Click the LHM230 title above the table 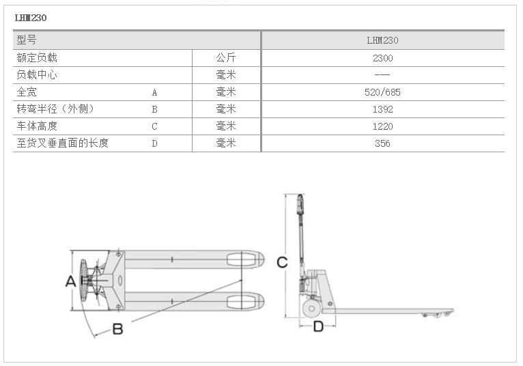31,18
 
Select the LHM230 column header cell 382,40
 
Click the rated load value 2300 382,58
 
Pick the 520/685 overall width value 382,92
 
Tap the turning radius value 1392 382,109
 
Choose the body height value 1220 382,126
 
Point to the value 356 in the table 382,143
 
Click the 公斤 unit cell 226,58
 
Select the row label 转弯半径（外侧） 55,109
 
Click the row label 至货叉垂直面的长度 63,143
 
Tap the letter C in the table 154,126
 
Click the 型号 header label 27,40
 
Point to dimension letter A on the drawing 70,281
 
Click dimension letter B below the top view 117,329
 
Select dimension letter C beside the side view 282,262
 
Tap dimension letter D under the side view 319,326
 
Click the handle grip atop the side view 300,204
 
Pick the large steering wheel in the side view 311,309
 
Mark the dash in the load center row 382,74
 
